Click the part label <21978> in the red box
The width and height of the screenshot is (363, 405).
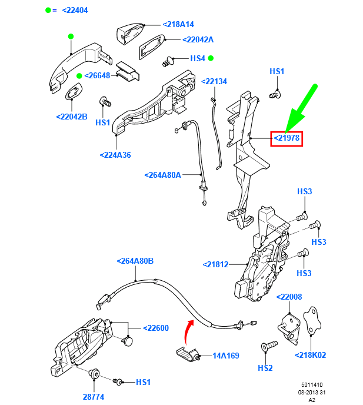pos(287,138)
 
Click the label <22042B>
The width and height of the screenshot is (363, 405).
pos(72,117)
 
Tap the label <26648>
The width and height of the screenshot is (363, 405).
pos(97,75)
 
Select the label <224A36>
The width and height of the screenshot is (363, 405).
pos(115,155)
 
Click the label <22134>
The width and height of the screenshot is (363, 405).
pos(214,81)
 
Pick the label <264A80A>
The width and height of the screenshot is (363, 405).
pos(163,175)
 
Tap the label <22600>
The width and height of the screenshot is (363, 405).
pos(156,328)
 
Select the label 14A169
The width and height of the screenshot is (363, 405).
pos(226,356)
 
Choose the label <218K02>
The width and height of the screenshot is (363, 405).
pos(310,355)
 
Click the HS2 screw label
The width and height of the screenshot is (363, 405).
pos(265,368)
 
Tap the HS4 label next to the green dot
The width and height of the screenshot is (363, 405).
pos(197,58)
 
